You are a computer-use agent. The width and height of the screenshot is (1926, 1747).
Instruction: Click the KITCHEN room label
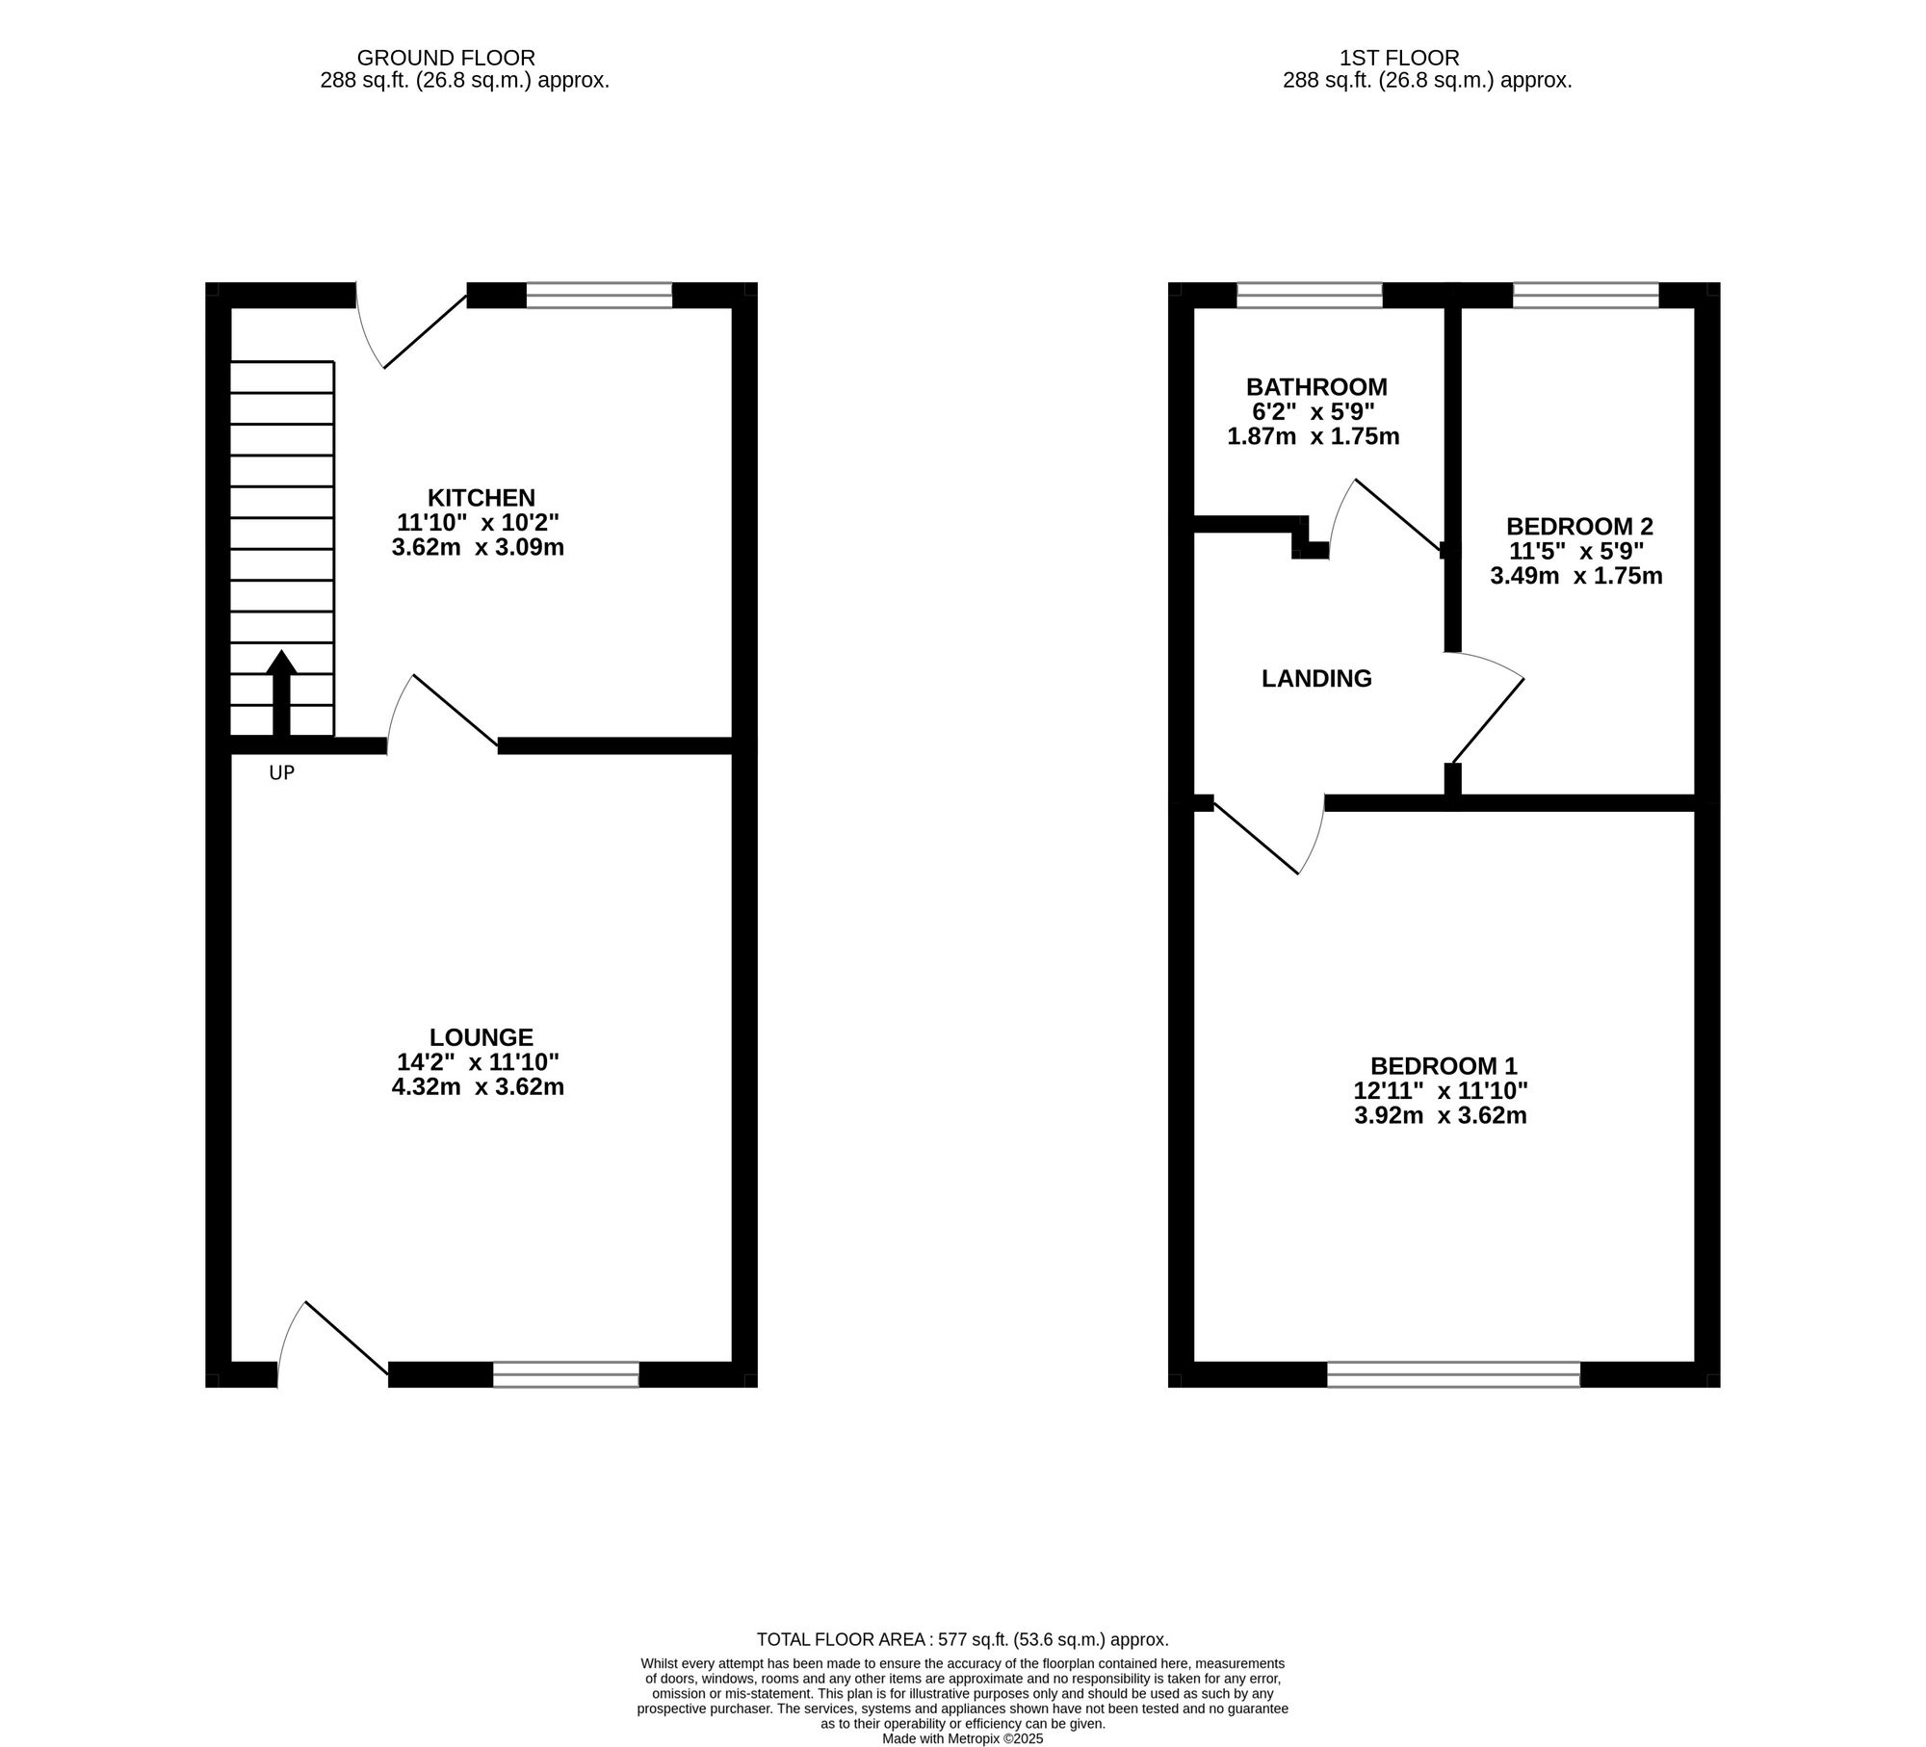pos(481,498)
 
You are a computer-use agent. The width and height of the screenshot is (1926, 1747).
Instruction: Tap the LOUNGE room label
pos(481,1037)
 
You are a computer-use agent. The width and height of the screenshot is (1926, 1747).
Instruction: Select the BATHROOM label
pos(1316,387)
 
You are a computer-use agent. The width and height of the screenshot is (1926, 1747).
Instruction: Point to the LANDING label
pos(1316,678)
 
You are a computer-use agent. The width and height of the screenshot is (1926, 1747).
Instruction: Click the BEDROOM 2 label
pos(1579,527)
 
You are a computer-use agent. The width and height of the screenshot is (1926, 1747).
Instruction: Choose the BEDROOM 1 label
pos(1444,1066)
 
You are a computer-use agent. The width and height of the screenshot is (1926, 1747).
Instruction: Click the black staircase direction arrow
pos(281,693)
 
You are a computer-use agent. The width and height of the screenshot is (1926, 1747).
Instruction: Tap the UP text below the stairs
pos(281,772)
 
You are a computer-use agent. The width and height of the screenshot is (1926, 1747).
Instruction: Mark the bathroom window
pos(1309,295)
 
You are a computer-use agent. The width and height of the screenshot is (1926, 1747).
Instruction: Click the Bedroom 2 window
pos(1585,295)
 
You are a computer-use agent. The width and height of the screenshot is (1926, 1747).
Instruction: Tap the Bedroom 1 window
pos(1453,1374)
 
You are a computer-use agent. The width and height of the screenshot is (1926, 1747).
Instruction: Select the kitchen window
pos(599,295)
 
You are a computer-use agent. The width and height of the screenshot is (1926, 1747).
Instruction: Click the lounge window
pos(566,1374)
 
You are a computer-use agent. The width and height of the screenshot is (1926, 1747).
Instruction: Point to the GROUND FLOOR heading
pos(446,58)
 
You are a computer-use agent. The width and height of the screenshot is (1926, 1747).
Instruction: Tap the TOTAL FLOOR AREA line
pos(962,1639)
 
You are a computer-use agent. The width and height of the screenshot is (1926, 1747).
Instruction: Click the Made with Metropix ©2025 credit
pos(962,1739)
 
